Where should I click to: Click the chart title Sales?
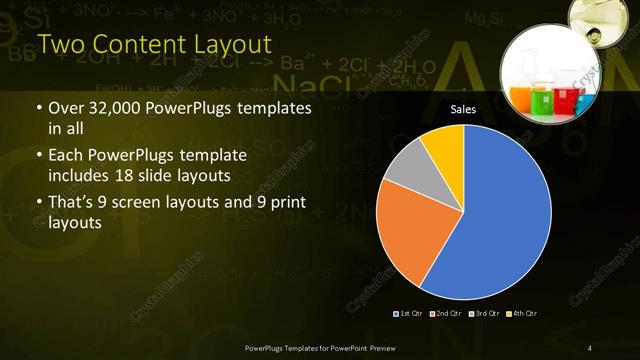(x=463, y=109)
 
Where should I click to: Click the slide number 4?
(x=590, y=347)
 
